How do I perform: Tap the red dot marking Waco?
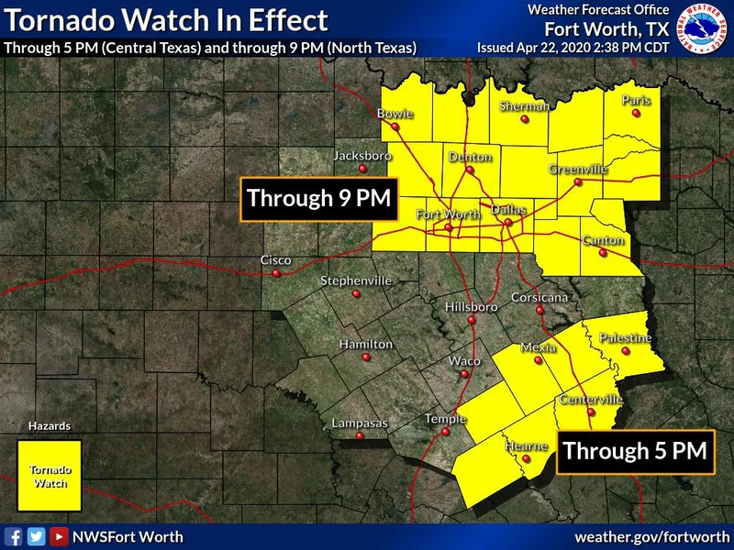click(x=465, y=374)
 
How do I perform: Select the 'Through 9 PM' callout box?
click(x=318, y=198)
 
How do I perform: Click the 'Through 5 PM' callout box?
click(x=635, y=451)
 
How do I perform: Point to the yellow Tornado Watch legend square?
click(x=50, y=475)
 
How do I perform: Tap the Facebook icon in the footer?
click(x=14, y=537)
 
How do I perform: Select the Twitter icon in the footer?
click(x=36, y=537)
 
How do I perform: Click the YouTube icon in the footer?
click(x=58, y=537)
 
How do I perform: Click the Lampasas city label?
click(x=360, y=423)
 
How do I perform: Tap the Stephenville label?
click(x=355, y=280)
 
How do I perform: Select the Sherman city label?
click(x=524, y=106)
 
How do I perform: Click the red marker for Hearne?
click(x=526, y=460)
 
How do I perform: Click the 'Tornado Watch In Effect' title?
click(x=166, y=19)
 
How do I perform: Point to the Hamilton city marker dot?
click(x=366, y=357)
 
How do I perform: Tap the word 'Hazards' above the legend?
click(x=50, y=426)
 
